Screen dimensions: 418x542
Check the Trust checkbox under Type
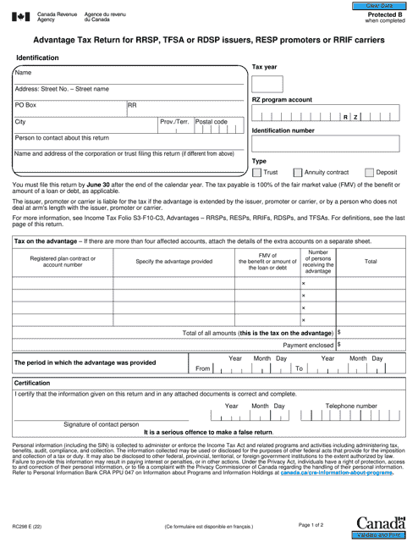(258, 172)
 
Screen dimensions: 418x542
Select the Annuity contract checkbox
(297, 172)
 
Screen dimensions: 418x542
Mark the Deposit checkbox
(370, 172)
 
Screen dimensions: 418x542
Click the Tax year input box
(267, 84)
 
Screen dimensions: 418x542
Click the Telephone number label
(352, 406)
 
